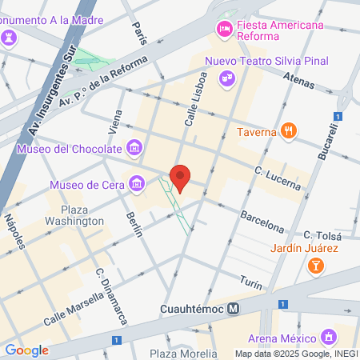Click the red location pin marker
181,178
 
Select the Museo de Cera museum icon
137,186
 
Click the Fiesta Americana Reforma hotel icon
224,30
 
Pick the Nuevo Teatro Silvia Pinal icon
227,78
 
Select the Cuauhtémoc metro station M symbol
234,308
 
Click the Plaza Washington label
82,215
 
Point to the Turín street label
250,279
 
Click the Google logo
26,350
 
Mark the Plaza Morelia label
177,353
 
